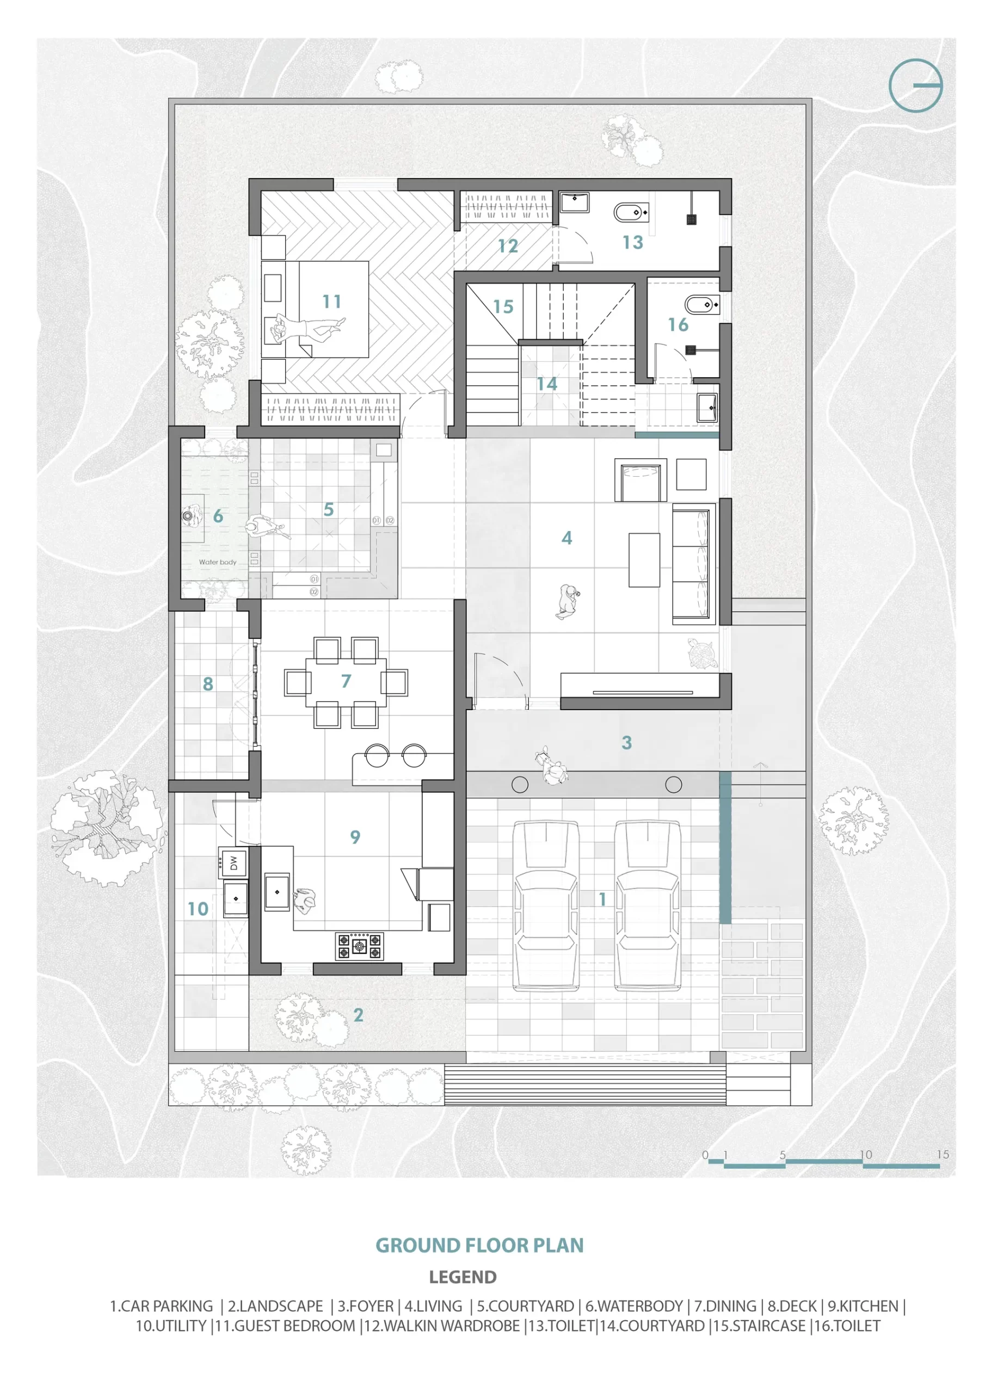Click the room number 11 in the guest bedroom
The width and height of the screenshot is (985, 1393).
click(x=331, y=301)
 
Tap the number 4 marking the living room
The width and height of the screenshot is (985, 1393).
click(x=567, y=538)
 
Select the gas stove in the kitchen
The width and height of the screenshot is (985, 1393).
click(x=359, y=946)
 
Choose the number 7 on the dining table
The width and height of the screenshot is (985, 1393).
click(x=346, y=681)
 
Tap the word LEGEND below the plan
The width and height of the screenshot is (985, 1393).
click(x=463, y=1277)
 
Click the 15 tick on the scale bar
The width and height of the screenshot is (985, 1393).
click(x=943, y=1154)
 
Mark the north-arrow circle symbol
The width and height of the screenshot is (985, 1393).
click(x=916, y=85)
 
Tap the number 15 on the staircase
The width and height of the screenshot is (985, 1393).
click(x=503, y=307)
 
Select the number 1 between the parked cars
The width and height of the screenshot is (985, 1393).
click(x=602, y=899)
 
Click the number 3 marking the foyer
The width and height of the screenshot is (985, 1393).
click(x=627, y=743)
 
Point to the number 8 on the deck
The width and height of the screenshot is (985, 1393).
click(x=208, y=685)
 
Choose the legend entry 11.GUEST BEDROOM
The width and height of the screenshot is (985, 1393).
click(x=285, y=1326)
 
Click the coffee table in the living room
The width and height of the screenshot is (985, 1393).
click(x=644, y=560)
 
